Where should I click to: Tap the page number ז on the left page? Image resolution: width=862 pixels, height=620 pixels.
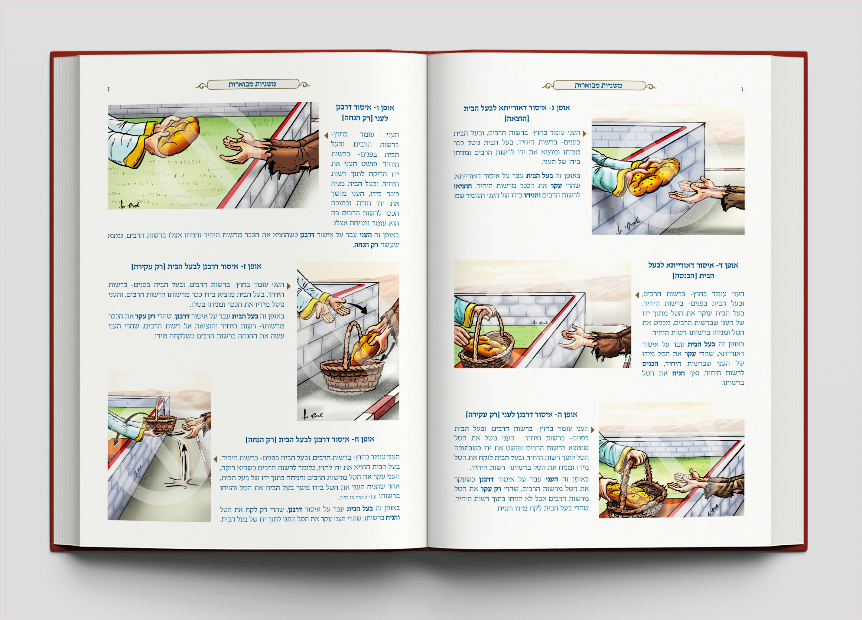(109, 89)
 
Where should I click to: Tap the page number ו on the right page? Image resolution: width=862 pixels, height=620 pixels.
(742, 90)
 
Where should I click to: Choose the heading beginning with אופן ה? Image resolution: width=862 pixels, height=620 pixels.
(522, 415)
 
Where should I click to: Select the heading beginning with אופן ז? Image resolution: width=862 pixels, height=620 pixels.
(196, 266)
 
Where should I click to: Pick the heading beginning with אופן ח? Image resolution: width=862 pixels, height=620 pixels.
(310, 439)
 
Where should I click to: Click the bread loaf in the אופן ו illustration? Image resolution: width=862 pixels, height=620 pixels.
(178, 135)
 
